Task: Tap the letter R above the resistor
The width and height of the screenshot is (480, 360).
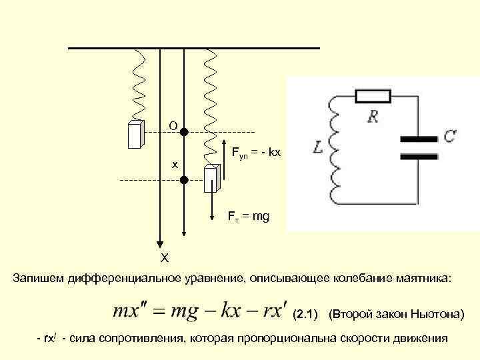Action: [373, 117]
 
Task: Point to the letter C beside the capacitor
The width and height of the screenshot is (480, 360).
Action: [450, 136]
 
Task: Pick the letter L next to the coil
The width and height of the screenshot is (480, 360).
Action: [318, 148]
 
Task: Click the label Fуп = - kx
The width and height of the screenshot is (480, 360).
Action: [257, 153]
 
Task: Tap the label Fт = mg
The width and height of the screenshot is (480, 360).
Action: [248, 217]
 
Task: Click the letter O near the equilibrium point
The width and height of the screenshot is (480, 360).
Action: [173, 125]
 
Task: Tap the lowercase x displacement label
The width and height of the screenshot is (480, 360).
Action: [175, 163]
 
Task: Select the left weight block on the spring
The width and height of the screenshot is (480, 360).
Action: [137, 135]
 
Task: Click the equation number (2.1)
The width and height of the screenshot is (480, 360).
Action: [307, 313]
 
